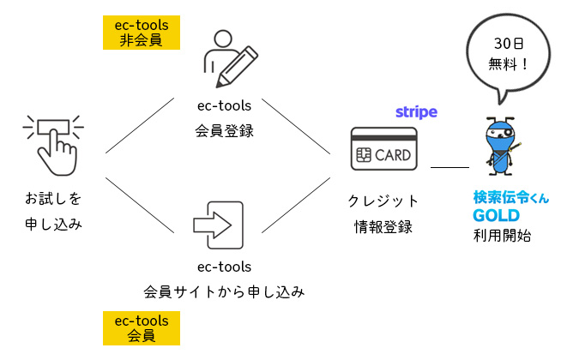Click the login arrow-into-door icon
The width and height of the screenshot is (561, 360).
pyautogui.click(x=219, y=225)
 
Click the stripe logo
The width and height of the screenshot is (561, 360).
pyautogui.click(x=416, y=112)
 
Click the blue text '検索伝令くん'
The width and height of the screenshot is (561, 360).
pyautogui.click(x=510, y=197)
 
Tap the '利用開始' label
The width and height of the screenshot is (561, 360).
pyautogui.click(x=502, y=235)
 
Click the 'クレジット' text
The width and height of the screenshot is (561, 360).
pyautogui.click(x=383, y=201)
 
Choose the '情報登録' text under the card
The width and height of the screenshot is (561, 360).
pyautogui.click(x=383, y=227)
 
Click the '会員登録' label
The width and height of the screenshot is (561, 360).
pyautogui.click(x=224, y=132)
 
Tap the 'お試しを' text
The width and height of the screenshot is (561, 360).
pyautogui.click(x=53, y=200)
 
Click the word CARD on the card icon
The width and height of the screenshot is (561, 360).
pyautogui.click(x=394, y=156)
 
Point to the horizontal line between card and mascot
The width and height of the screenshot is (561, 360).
pyautogui.click(x=449, y=165)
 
